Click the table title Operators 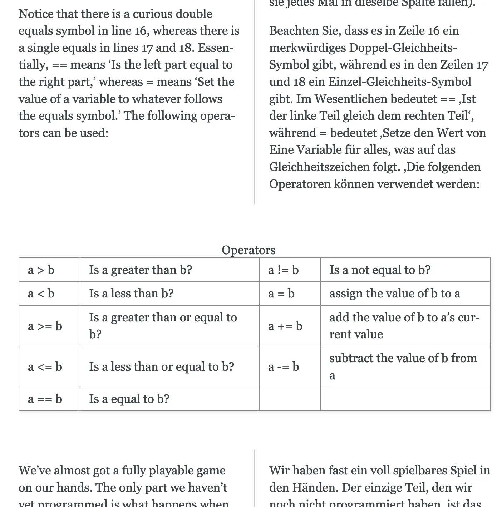click(248, 250)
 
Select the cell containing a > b click(41, 270)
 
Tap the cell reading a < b click(41, 294)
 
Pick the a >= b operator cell click(45, 326)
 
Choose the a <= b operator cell click(45, 366)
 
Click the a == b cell click(45, 399)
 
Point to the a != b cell click(283, 270)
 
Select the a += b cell click(285, 326)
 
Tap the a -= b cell click(284, 366)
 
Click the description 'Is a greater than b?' click(141, 270)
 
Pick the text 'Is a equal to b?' click(129, 399)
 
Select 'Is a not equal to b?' click(380, 270)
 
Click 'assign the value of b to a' click(395, 294)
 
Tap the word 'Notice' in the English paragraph click(36, 14)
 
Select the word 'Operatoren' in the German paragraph click(300, 184)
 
